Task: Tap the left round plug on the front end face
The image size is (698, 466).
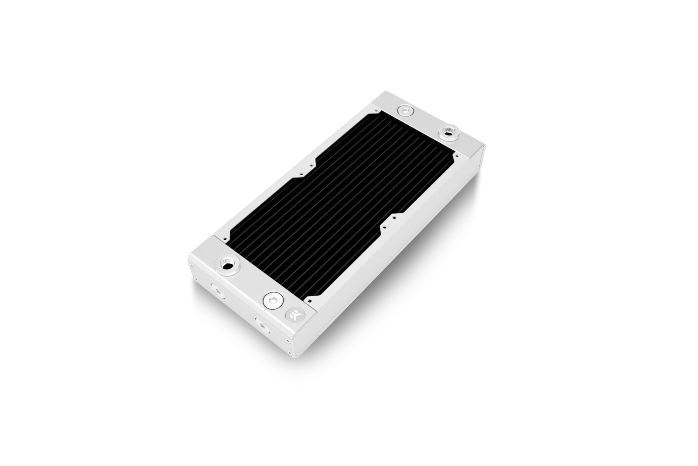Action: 217,290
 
